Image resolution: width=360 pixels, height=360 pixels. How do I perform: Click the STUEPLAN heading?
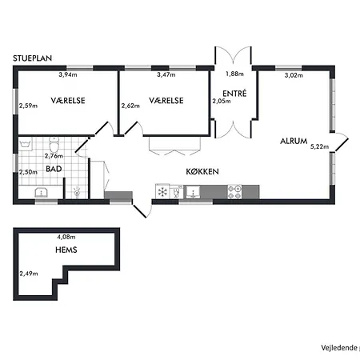pos(34,58)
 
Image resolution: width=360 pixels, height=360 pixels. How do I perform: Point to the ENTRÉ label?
pos(234,94)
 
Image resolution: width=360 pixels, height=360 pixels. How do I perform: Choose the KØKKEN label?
pos(204,171)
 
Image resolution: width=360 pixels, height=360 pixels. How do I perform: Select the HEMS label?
pos(66,250)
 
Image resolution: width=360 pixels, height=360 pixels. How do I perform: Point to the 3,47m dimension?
pos(166,75)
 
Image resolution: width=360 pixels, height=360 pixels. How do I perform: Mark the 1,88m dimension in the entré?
pos(234,74)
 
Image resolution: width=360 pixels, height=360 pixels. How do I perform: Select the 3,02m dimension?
pos(295,75)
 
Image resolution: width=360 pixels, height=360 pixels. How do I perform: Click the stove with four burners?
pos(235,192)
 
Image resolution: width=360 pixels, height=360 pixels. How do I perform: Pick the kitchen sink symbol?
pos(192,192)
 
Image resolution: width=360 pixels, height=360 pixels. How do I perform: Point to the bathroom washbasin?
pos(41,193)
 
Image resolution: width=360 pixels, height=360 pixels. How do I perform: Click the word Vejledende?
pos(338,346)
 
